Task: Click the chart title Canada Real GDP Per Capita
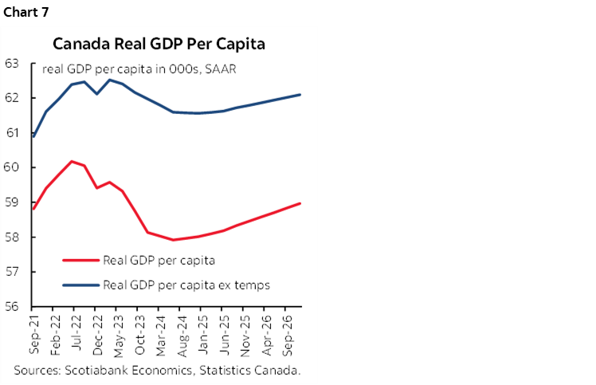pyautogui.click(x=159, y=43)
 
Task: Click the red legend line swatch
pyautogui.click(x=80, y=259)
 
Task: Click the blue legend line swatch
pyautogui.click(x=80, y=285)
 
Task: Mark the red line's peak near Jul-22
pyautogui.click(x=73, y=161)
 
